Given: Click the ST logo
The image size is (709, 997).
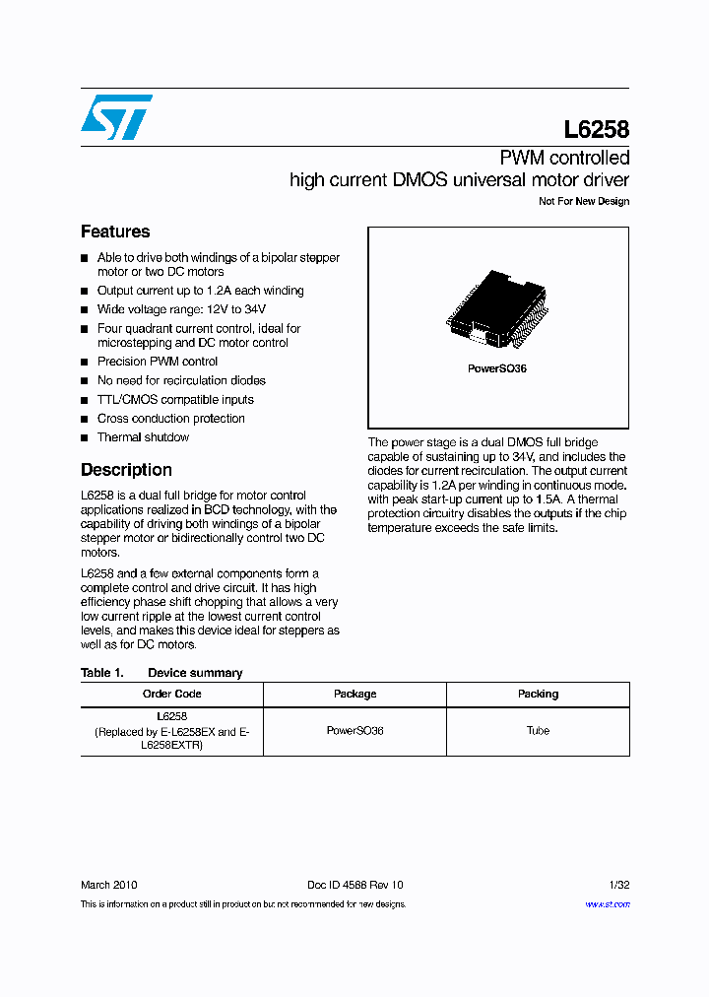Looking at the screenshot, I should pyautogui.click(x=116, y=117).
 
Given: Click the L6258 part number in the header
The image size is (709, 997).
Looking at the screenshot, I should pyautogui.click(x=596, y=129).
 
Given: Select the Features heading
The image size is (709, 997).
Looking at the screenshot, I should pyautogui.click(x=115, y=232).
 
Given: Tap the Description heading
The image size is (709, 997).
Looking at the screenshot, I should pyautogui.click(x=126, y=470).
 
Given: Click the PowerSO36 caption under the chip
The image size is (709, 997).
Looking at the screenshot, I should pyautogui.click(x=496, y=368).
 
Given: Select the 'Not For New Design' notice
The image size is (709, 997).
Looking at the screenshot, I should pyautogui.click(x=584, y=202).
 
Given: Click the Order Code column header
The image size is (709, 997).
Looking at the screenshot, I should pyautogui.click(x=172, y=694).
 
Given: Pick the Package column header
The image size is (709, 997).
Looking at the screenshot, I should pyautogui.click(x=354, y=694).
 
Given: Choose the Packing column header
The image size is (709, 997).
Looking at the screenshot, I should pyautogui.click(x=538, y=694).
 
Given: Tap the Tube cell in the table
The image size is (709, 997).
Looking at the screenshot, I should pyautogui.click(x=538, y=731).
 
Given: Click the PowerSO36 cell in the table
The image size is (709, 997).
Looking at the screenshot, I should pyautogui.click(x=354, y=731).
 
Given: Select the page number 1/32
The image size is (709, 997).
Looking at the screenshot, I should pyautogui.click(x=618, y=886).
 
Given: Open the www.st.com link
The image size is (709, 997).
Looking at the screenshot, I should pyautogui.click(x=608, y=904).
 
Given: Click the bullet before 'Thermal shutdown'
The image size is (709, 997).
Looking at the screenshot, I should pyautogui.click(x=85, y=437).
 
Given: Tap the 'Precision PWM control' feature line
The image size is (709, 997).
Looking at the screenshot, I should pyautogui.click(x=158, y=362).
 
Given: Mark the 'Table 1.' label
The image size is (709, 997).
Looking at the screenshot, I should pyautogui.click(x=101, y=673).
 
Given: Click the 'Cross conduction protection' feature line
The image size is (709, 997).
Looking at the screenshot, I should pyautogui.click(x=170, y=419).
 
